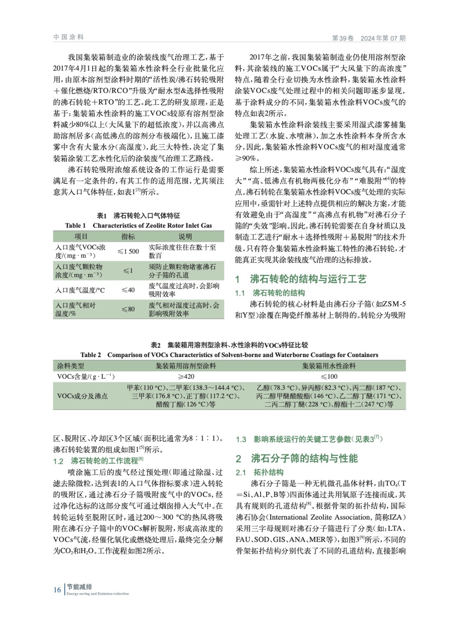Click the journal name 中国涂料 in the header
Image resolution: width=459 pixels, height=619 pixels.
(x=68, y=37)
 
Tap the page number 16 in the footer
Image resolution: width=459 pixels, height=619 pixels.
(x=57, y=590)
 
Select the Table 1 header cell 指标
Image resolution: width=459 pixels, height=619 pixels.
(x=128, y=236)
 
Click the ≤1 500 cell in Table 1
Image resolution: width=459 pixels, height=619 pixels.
(x=128, y=251)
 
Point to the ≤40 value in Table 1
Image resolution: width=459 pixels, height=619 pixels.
(x=128, y=290)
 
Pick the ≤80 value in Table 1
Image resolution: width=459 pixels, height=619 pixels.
(x=128, y=309)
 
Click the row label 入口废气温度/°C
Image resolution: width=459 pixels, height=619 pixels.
(x=80, y=290)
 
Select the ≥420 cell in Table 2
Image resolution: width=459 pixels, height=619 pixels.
(x=186, y=376)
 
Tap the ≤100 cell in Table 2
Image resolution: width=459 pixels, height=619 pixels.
(x=329, y=376)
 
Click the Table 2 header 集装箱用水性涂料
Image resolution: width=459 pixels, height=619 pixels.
(x=329, y=366)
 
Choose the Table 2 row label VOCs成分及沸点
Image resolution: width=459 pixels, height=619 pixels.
(x=82, y=396)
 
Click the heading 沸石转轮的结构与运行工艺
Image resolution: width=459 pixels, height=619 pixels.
(x=308, y=279)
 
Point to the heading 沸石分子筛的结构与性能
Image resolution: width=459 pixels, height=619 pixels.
(x=304, y=458)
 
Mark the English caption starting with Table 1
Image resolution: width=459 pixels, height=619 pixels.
(x=138, y=226)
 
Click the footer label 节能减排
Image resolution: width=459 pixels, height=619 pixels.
(x=79, y=587)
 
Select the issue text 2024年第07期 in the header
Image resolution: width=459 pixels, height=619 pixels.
(x=383, y=38)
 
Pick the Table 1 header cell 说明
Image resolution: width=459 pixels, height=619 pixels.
(x=185, y=236)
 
